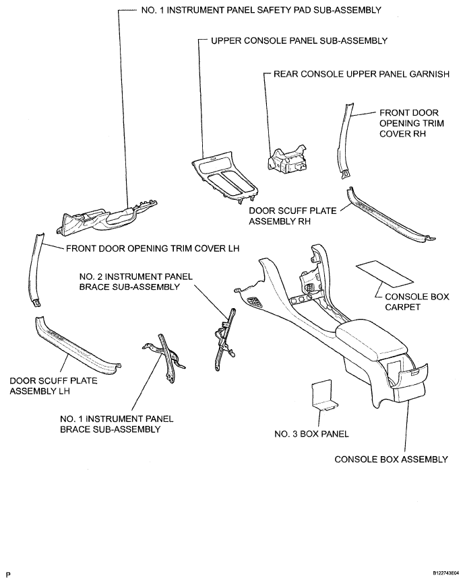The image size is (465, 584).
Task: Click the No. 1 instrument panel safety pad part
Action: (108, 217)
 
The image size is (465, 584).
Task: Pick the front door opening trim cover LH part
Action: (35, 269)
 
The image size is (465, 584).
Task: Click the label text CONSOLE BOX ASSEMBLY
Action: (391, 460)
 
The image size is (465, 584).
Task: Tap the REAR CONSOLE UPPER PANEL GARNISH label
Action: (361, 74)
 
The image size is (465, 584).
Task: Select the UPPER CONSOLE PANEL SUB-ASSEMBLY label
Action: (299, 40)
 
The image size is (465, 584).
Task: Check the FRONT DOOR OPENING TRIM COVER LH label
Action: (152, 248)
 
